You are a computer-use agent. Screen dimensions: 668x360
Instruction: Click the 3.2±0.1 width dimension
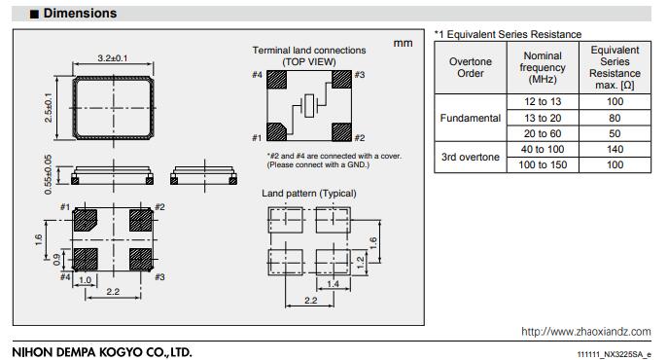tap(113, 58)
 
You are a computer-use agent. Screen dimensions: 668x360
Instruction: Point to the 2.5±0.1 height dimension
tap(49, 107)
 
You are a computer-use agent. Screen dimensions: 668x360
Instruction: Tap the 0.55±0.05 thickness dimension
tap(49, 174)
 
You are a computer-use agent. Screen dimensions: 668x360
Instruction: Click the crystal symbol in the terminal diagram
tap(309, 105)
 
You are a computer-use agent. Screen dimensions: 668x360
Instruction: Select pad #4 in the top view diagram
tap(276, 80)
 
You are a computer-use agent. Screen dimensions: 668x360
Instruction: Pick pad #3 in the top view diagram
tap(341, 80)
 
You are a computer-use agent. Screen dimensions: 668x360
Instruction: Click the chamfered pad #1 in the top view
tap(275, 131)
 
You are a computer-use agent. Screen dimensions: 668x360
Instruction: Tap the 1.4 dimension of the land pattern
tap(334, 284)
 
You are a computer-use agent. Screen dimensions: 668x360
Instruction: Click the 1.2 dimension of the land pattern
tap(361, 263)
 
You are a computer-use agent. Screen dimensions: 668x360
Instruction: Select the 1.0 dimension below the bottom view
tap(86, 280)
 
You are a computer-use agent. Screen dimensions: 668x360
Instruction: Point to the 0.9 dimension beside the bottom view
tap(56, 260)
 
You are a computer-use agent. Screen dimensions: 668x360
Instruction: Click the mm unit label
tap(403, 43)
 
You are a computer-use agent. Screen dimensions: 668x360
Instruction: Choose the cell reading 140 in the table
tap(615, 149)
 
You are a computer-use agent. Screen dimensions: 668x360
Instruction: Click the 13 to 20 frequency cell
tap(543, 118)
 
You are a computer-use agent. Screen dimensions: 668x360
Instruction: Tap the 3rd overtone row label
tap(471, 157)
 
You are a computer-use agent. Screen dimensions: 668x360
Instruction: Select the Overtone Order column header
tap(471, 67)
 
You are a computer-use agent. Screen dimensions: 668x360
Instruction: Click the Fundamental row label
tap(471, 118)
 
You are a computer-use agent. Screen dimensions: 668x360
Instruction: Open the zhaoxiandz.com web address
tap(585, 332)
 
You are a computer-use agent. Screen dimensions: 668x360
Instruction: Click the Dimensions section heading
tap(80, 14)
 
